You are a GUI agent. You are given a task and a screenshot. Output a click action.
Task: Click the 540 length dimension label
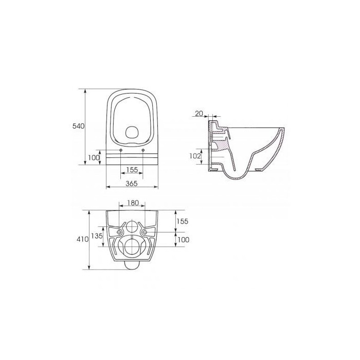pos(79,126)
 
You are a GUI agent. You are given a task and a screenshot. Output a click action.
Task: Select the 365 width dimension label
pos(132,184)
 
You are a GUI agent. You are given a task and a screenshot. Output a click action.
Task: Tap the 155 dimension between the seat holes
pos(132,170)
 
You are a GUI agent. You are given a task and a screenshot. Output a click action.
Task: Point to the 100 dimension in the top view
pos(94,158)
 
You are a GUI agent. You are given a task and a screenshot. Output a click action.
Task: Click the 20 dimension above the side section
pos(199,114)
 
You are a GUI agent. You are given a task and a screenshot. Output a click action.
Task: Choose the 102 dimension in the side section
pos(195,156)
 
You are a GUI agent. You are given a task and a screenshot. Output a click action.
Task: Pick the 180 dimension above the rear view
pos(133,203)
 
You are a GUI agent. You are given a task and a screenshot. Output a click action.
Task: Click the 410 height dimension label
pos(82,239)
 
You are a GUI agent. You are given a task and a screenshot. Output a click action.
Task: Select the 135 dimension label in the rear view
pos(97,236)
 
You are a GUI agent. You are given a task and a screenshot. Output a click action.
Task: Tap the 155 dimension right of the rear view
pos(182,221)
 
